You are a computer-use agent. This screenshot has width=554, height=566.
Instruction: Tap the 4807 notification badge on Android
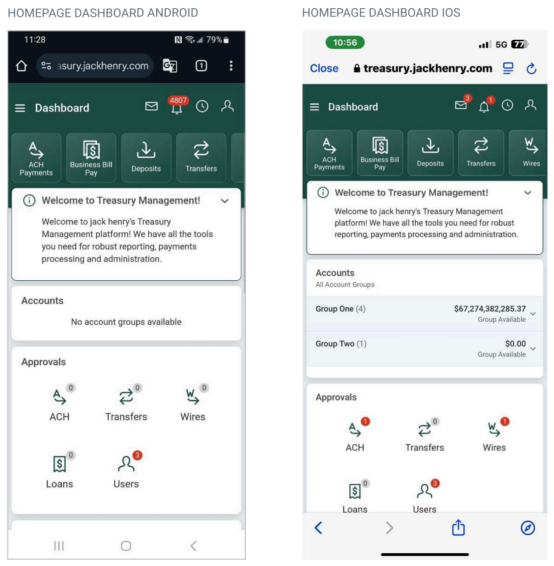point(178,100)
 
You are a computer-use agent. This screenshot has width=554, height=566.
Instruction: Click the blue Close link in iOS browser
point(324,69)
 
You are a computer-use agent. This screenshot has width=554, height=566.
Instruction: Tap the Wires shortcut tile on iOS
point(527,153)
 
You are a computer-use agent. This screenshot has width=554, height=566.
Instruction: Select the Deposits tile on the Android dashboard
point(146,158)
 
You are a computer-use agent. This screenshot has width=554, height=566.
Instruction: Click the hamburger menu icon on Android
point(20,108)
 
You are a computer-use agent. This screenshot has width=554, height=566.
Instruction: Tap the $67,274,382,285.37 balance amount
point(489,309)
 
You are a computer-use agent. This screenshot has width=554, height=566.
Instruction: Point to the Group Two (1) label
point(341,344)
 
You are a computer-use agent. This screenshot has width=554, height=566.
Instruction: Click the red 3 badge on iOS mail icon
point(467,98)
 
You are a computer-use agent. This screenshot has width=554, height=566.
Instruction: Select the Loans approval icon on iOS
point(355,491)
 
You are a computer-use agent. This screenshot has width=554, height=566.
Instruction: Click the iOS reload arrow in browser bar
point(531,69)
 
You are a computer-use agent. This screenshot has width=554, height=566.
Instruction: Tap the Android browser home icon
point(21,66)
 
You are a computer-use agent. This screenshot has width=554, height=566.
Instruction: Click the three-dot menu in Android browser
point(231,66)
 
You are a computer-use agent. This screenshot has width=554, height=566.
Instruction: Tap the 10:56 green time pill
point(345,43)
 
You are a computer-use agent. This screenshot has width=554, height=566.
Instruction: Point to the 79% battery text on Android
point(214,40)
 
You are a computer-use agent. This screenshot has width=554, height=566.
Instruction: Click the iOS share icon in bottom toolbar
point(458,527)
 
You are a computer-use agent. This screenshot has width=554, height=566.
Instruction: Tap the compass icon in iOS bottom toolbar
point(527,528)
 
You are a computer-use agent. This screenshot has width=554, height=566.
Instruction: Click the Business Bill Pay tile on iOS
point(380,153)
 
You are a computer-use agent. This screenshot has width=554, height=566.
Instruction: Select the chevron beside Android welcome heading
point(224,201)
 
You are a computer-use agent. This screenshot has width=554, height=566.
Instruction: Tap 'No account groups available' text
point(126,322)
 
